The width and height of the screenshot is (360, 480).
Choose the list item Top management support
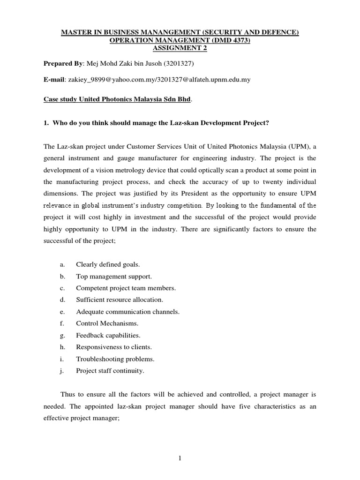click(114, 276)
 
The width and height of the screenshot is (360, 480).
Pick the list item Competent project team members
click(126, 288)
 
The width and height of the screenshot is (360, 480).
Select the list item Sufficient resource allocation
click(120, 300)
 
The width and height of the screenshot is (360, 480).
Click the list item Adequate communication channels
click(127, 311)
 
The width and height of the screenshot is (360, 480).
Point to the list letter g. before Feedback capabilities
click(62, 335)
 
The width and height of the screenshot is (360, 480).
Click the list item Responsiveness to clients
click(114, 347)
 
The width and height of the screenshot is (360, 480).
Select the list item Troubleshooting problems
click(115, 359)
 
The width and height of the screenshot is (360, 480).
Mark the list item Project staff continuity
click(110, 370)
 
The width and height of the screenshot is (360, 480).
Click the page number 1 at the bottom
click(180, 459)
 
